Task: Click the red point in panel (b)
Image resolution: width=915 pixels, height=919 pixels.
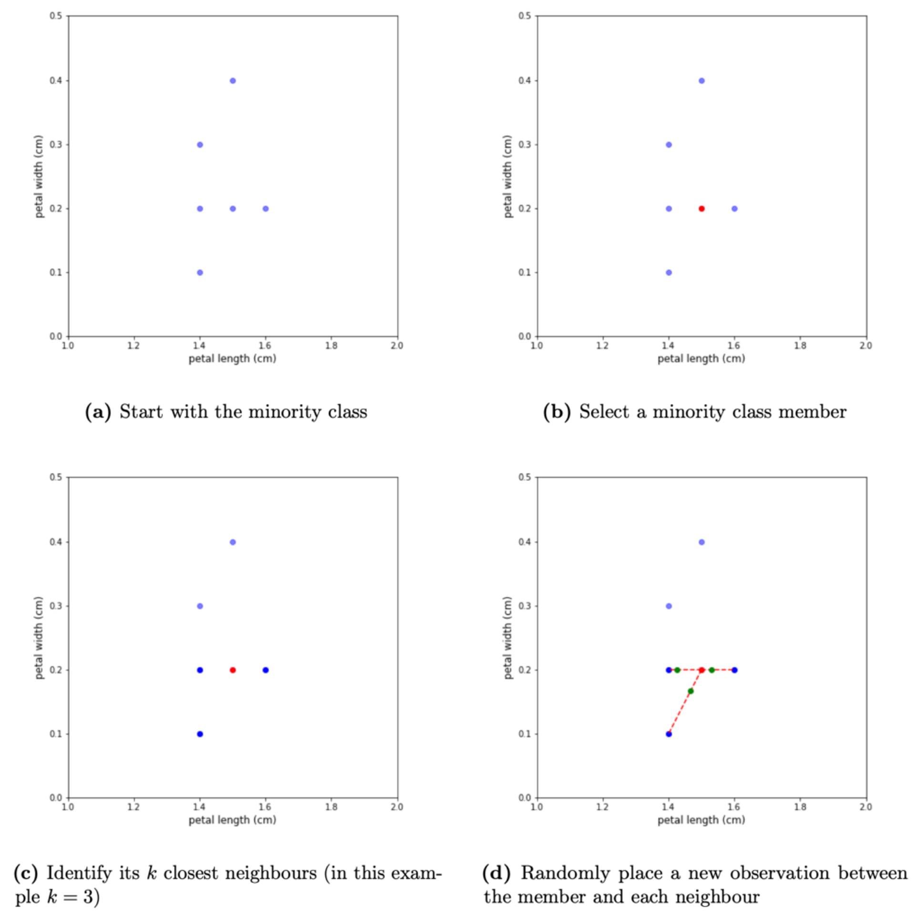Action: [701, 209]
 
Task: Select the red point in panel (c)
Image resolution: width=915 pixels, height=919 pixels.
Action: [233, 670]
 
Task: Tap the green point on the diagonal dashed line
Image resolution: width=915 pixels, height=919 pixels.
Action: [690, 691]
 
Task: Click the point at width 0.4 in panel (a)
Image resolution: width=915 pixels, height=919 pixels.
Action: [233, 81]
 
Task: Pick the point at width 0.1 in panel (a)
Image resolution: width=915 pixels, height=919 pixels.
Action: [200, 273]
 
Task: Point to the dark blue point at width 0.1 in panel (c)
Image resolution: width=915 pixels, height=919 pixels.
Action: [200, 734]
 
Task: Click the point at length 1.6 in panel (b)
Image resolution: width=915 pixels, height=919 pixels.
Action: [734, 209]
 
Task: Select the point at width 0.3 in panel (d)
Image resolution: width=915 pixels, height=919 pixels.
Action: [668, 606]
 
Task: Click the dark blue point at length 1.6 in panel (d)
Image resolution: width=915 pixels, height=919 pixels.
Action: [734, 670]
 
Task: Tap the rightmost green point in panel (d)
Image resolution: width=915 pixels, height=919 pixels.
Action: [712, 670]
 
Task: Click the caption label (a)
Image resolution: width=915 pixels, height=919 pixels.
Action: [98, 412]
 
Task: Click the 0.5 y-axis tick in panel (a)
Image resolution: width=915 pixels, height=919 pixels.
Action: [56, 16]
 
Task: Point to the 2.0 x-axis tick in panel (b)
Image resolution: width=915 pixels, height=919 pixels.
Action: [865, 345]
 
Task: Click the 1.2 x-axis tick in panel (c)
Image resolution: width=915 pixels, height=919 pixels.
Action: [133, 807]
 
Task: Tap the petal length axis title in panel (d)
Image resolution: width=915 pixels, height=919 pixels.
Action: [701, 820]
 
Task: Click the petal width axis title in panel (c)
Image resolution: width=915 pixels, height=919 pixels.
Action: [39, 638]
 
